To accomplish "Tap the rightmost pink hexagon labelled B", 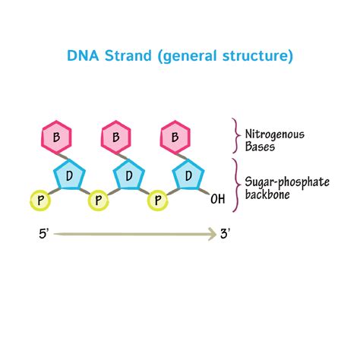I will tap(175, 138).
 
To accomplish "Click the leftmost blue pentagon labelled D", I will tap(70, 176).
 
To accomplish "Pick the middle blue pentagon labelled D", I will tap(129, 176).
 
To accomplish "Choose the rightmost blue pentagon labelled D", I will tap(189, 176).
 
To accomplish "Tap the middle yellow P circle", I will tap(99, 201).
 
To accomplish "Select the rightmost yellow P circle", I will tap(158, 201).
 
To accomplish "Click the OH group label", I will tap(218, 200).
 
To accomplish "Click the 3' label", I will tap(226, 235).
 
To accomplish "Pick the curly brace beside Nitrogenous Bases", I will tap(235, 137).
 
